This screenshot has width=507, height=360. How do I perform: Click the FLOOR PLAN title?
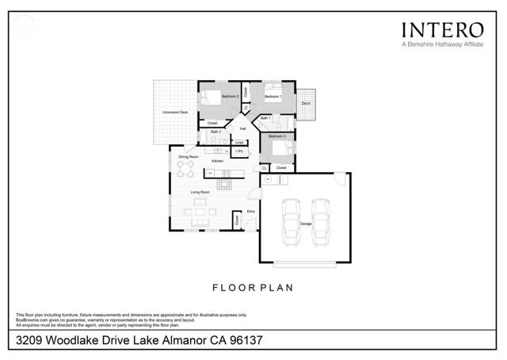253,289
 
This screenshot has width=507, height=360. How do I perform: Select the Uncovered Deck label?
174,113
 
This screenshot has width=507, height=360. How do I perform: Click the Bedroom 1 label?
273,96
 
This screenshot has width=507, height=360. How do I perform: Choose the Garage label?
305,224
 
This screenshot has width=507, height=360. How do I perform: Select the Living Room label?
200,192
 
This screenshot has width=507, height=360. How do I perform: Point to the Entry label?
251,211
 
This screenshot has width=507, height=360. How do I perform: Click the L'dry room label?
239,151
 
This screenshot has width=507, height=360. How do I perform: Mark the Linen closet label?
238,143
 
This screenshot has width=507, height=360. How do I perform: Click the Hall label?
243,128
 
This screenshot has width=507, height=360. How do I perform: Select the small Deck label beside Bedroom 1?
306,103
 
